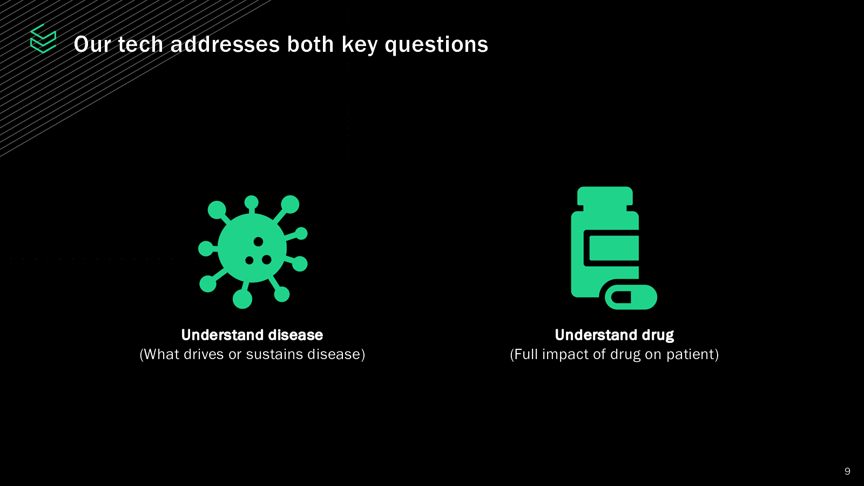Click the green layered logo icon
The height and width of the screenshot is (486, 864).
(43, 38)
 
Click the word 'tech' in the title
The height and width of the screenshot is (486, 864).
(140, 44)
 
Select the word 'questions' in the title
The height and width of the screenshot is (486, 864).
(436, 45)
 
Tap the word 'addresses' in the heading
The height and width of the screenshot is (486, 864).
(225, 44)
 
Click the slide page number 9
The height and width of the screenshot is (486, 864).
(847, 471)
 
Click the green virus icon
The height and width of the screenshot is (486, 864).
(253, 252)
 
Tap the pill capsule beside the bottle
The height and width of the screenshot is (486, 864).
(631, 297)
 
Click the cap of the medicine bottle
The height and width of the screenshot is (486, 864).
(605, 196)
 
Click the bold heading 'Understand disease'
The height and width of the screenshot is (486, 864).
(252, 335)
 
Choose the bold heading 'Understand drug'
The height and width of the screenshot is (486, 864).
(615, 335)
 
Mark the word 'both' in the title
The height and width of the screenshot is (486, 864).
(310, 44)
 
